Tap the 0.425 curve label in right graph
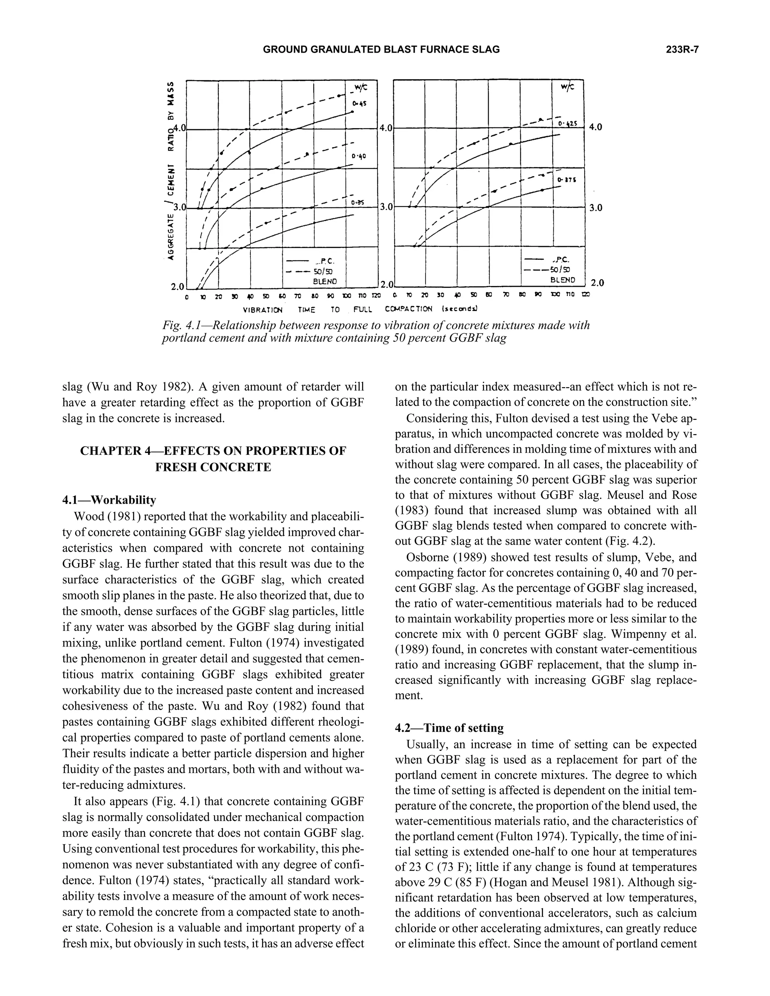coord(567,123)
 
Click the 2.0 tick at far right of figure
coord(597,283)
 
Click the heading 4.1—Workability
coord(109,500)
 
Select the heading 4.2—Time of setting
coord(449,728)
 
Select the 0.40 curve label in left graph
coord(359,156)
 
